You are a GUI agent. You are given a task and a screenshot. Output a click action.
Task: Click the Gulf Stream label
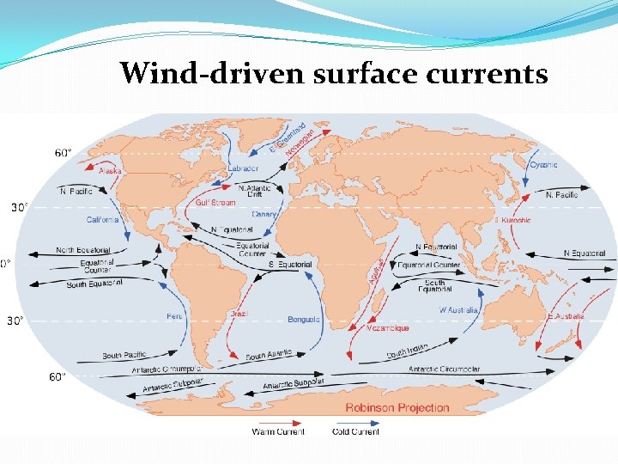[215, 204]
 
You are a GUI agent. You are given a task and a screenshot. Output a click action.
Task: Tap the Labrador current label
[243, 169]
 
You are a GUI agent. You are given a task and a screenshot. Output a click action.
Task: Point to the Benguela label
[304, 320]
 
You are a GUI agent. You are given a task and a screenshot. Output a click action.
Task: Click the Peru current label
[174, 316]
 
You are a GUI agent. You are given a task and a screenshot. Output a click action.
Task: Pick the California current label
[102, 220]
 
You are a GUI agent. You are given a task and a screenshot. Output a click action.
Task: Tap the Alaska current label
[110, 171]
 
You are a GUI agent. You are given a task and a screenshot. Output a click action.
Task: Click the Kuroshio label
[514, 220]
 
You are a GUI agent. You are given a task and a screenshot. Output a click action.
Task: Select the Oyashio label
[543, 165]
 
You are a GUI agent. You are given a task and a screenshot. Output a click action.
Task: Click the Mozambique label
[388, 328]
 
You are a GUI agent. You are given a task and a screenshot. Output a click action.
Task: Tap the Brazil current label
[239, 314]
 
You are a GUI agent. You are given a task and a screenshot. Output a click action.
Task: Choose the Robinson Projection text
[397, 407]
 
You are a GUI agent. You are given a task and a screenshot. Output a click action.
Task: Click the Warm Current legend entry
[278, 431]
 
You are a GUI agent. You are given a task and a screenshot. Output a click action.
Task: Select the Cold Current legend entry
[356, 431]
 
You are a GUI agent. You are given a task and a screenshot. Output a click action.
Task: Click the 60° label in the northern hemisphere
[64, 153]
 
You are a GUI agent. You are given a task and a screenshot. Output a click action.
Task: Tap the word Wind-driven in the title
[211, 74]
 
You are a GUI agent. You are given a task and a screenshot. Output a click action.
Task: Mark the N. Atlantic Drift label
[254, 192]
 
